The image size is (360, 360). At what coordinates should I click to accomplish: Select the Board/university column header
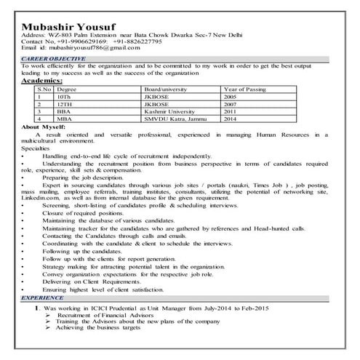point(165,89)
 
